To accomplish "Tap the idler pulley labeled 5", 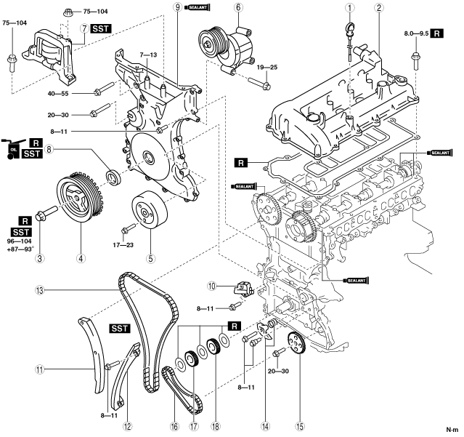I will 149,210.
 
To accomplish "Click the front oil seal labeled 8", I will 113,177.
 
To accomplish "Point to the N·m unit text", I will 453,429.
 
